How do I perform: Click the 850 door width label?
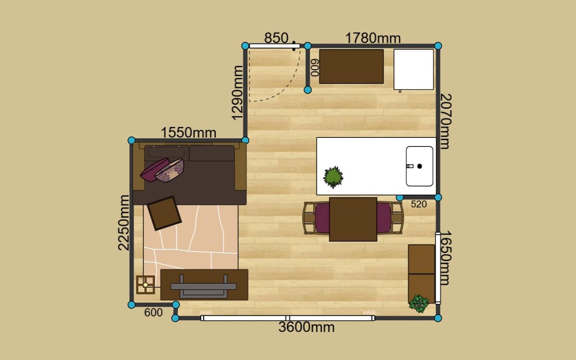276,38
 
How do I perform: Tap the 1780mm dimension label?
373,38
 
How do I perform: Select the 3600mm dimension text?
307,327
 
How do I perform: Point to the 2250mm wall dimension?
124,223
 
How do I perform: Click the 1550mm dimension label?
188,132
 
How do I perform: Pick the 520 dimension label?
419,204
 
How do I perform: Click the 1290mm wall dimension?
237,93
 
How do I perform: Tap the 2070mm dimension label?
446,121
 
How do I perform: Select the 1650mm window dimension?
446,258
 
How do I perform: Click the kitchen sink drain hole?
419,166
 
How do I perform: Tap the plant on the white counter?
333,177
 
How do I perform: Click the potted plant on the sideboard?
419,304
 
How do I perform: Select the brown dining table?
353,219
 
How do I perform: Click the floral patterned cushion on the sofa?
170,171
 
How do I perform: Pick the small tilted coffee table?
164,213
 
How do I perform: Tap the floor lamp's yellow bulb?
146,285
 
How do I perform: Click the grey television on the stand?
203,286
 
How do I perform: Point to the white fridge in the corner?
413,70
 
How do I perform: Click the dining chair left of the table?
316,218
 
